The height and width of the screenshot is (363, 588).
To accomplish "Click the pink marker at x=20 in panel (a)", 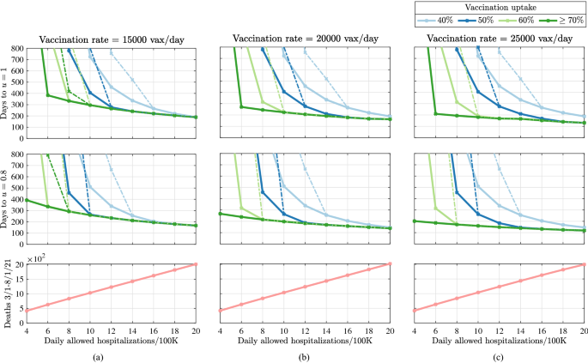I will (196, 264).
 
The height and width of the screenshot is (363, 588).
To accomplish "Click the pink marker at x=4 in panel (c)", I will (415, 311).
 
